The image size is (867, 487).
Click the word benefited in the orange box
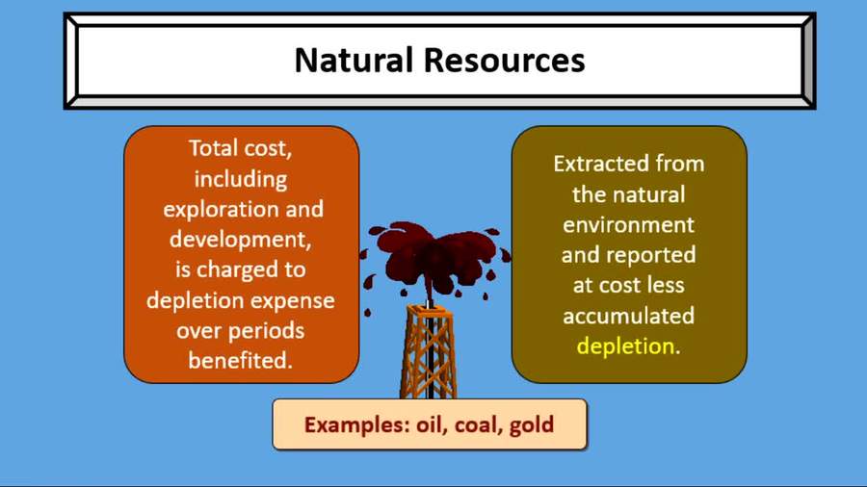241,362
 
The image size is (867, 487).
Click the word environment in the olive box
628,225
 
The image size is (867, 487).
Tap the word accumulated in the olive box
628,316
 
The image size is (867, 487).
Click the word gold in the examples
533,423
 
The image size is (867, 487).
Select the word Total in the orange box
215,148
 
